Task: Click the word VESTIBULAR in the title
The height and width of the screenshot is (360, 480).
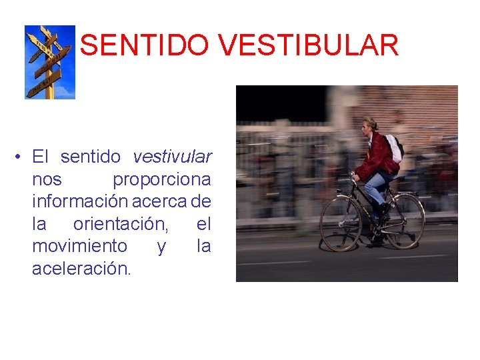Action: pyautogui.click(x=307, y=45)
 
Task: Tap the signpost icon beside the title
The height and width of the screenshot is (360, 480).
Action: pyautogui.click(x=50, y=62)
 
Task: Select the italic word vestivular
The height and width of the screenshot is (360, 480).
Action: pyautogui.click(x=172, y=157)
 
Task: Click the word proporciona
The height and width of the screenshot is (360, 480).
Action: pyautogui.click(x=162, y=180)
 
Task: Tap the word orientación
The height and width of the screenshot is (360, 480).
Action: pyautogui.click(x=121, y=224)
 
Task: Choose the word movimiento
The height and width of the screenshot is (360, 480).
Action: pyautogui.click(x=79, y=247)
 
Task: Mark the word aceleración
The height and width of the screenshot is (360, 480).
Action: pyautogui.click(x=81, y=269)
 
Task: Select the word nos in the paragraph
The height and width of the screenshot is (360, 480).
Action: pyautogui.click(x=47, y=180)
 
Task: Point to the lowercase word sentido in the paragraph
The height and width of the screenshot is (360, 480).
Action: pyautogui.click(x=91, y=157)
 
